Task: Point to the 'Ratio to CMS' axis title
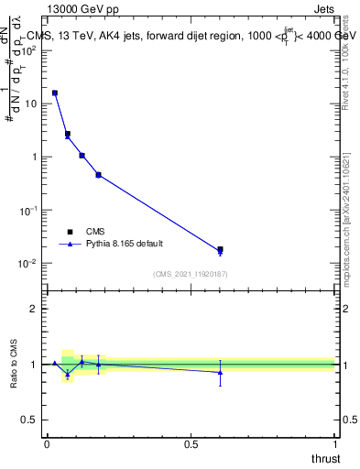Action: pyautogui.click(x=16, y=365)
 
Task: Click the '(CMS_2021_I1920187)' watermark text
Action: pyautogui.click(x=191, y=273)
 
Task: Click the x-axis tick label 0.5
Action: pyautogui.click(x=191, y=443)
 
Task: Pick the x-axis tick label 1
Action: pyautogui.click(x=335, y=443)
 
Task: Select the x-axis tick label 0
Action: pyautogui.click(x=47, y=443)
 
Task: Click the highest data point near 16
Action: pyautogui.click(x=55, y=93)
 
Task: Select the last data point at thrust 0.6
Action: pyautogui.click(x=220, y=249)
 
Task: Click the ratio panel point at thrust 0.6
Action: pyautogui.click(x=220, y=372)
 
